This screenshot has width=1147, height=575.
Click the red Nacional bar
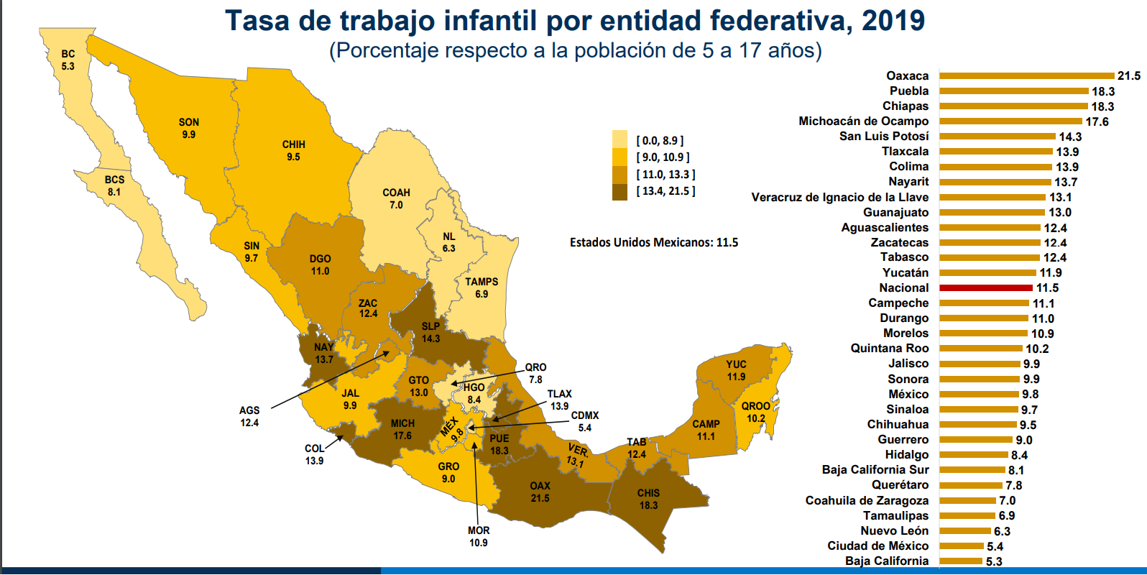(985, 287)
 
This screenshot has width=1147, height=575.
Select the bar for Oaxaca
(1026, 75)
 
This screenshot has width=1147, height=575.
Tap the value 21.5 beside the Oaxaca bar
(1128, 75)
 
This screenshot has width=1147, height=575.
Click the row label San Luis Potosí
(883, 136)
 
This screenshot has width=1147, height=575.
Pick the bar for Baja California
(960, 561)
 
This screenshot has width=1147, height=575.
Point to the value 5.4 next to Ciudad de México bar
(995, 546)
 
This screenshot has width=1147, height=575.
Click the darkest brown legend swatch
(619, 191)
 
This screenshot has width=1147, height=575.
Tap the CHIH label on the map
(293, 144)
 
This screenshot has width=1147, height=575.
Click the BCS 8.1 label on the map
(114, 185)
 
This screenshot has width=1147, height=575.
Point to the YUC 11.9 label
(736, 370)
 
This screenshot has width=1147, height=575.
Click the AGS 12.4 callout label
(249, 416)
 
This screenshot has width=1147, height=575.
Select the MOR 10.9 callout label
(479, 536)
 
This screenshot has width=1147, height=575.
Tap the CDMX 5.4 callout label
(585, 421)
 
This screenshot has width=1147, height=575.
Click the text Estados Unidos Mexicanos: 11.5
(654, 242)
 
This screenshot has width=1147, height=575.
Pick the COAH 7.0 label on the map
(396, 198)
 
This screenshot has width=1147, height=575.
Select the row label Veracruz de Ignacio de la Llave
(839, 197)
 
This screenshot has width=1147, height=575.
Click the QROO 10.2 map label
(755, 412)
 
